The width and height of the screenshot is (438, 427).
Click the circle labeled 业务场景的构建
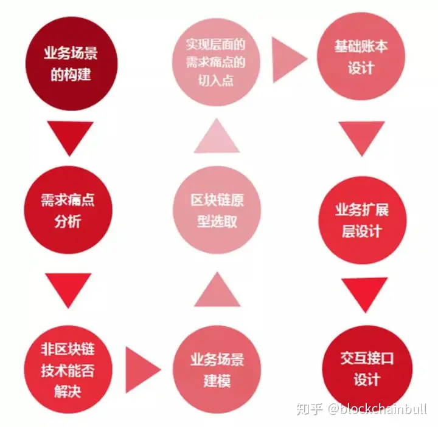coord(71,64)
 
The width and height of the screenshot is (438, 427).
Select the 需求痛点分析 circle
coord(68,210)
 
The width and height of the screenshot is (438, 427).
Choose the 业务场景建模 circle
coord(217,369)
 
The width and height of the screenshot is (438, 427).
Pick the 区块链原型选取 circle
coord(217,210)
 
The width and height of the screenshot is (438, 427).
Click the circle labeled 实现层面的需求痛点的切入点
coord(216,62)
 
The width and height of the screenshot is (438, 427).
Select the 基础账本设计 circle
coord(361,56)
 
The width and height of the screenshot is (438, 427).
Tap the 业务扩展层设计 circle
coord(363,220)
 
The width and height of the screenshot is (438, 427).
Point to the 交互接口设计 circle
coord(367,369)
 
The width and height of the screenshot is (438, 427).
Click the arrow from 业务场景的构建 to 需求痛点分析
coord(70,138)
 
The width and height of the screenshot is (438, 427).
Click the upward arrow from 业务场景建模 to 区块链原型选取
coord(217,290)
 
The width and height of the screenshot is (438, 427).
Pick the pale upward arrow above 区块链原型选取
coord(217,136)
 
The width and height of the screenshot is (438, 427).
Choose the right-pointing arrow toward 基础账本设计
coord(290,60)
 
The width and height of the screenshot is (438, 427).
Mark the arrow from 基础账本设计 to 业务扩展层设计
coord(362,138)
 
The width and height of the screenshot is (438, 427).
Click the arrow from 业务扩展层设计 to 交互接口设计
coord(364,295)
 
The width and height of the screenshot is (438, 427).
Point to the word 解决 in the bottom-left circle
coord(68,391)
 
